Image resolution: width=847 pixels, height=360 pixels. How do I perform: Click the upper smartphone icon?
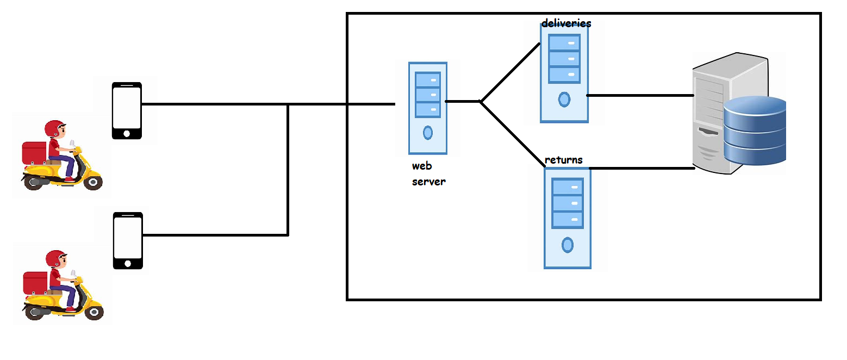click(127, 110)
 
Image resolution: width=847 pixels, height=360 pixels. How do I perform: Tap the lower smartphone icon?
click(128, 240)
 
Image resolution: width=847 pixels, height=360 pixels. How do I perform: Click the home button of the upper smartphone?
click(127, 133)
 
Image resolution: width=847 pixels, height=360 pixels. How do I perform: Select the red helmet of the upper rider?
click(54, 128)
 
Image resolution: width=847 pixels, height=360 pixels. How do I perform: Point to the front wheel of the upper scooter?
click(93, 182)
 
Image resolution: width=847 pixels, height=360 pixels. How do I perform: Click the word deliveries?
click(566, 23)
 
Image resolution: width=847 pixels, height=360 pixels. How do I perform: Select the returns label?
click(564, 160)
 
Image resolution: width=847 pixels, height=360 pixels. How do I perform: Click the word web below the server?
click(422, 166)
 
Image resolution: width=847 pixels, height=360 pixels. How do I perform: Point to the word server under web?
click(428, 182)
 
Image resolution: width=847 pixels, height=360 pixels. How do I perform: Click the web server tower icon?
click(428, 108)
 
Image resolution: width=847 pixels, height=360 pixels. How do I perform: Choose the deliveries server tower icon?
click(564, 73)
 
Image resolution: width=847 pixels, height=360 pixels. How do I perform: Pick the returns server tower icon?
click(567, 218)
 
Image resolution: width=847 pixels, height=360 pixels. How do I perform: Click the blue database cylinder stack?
click(755, 131)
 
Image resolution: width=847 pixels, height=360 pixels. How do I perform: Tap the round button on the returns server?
click(568, 245)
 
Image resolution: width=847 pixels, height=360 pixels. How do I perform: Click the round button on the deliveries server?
click(564, 100)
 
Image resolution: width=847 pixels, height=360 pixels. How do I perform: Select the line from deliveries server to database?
click(640, 95)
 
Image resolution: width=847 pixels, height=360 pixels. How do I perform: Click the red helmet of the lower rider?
click(55, 258)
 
